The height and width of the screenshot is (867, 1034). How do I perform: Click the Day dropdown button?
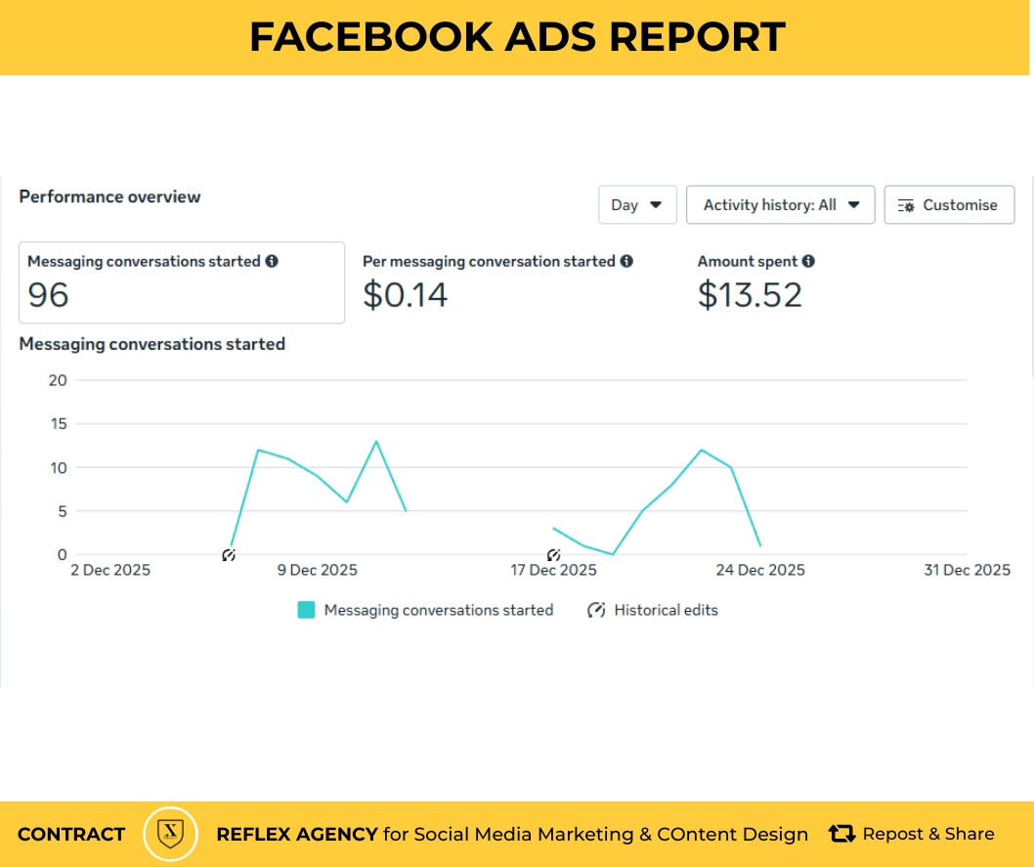coord(637,205)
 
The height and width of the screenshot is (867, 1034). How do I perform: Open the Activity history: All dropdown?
coord(780,205)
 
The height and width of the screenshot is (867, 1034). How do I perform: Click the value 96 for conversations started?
coord(48,294)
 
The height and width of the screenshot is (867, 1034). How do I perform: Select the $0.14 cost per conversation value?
coord(405,294)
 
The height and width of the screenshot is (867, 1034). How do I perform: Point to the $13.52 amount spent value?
coord(750,294)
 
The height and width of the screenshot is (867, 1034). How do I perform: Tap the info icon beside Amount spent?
coord(808,261)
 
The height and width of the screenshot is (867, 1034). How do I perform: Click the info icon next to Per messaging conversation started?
coord(626,261)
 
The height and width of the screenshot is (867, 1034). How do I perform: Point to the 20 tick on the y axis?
coord(57,380)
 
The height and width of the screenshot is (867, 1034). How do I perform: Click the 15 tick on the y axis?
coord(57,424)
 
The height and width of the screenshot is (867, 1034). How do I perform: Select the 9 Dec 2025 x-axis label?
coord(318,570)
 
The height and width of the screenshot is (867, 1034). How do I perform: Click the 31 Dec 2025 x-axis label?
coord(967,570)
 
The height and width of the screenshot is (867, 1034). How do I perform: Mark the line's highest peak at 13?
coord(376,441)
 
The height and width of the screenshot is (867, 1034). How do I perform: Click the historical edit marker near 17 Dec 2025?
coord(553,555)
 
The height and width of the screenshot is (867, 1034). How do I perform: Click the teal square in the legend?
coord(307,610)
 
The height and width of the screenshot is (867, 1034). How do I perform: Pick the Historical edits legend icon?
coord(595,610)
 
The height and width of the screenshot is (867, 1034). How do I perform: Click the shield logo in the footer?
coord(171,834)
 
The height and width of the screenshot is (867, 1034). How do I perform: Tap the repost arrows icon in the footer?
coord(841,834)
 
